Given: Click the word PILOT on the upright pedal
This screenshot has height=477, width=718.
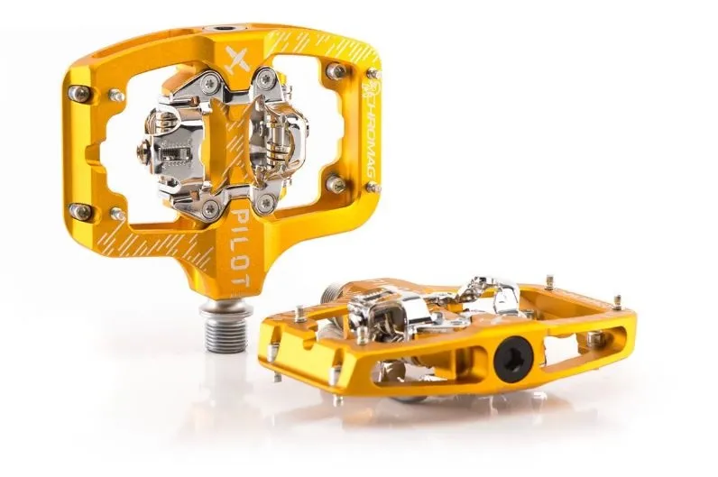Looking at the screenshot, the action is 242,248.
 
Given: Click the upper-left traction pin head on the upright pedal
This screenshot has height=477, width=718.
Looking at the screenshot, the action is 79,93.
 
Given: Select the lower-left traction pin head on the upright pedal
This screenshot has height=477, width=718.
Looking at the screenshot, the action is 80,212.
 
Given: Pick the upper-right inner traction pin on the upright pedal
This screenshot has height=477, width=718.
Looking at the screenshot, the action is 336,71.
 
